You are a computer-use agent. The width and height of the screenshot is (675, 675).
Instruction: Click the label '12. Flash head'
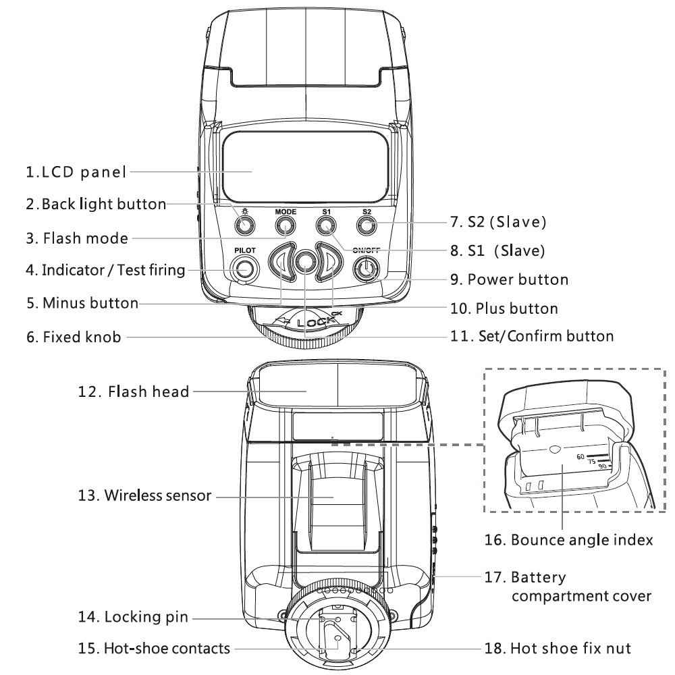(132, 391)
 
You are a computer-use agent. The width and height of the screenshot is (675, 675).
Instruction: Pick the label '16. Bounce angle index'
(568, 540)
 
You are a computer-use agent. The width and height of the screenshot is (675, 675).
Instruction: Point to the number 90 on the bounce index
(602, 466)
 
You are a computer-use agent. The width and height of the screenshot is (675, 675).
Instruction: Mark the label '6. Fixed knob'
(74, 336)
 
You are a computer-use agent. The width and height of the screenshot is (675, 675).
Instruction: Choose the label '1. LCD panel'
(76, 172)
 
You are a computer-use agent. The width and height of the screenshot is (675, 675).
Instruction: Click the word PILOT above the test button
(244, 250)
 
